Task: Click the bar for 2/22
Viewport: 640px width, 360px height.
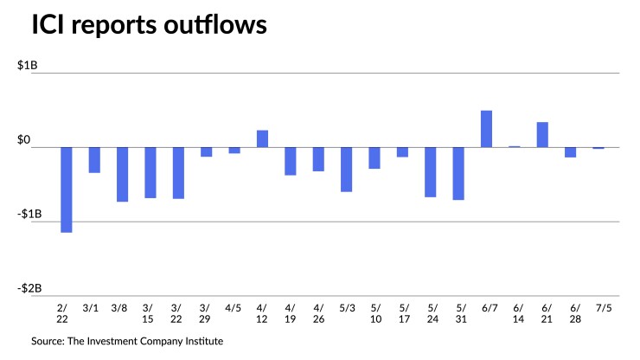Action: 66,190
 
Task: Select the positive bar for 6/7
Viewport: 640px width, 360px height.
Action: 486,129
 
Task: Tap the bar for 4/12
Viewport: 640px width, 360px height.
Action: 262,138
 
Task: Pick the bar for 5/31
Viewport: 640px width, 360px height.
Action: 458,173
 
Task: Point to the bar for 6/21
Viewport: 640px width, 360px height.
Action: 542,134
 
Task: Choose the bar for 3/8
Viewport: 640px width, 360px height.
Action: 122,174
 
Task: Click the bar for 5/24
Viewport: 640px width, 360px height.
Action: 430,172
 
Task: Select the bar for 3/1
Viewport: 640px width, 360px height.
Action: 94,160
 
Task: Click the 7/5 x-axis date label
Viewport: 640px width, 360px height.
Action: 598,306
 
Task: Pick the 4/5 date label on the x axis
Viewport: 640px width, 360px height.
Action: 234,306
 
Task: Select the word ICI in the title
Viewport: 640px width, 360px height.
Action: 49,28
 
